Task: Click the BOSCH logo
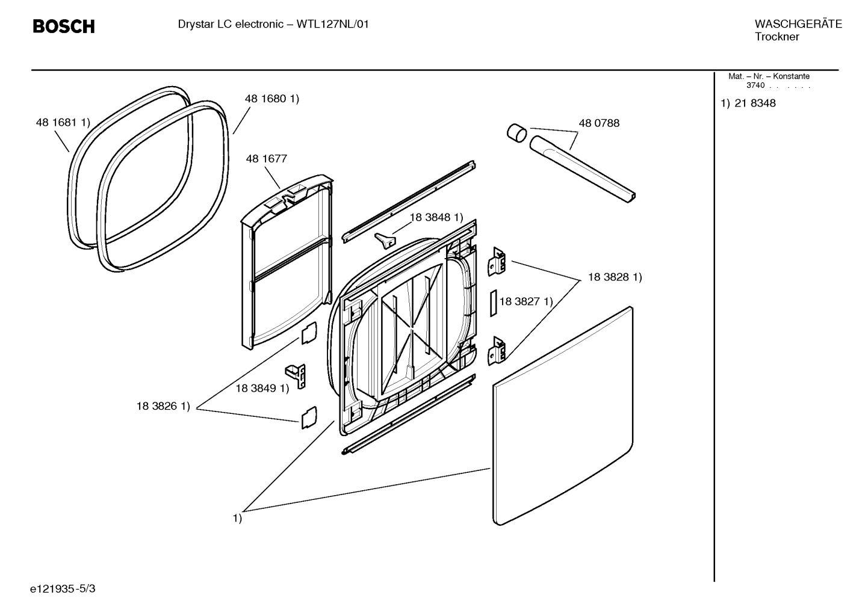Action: point(63,26)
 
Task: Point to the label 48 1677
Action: point(266,159)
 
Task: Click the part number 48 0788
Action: point(598,123)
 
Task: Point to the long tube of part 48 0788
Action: point(581,168)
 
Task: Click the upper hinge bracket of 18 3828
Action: point(497,262)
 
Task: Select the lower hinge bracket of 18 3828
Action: point(497,351)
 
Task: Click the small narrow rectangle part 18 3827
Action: point(492,303)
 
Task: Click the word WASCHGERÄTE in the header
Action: point(798,24)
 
